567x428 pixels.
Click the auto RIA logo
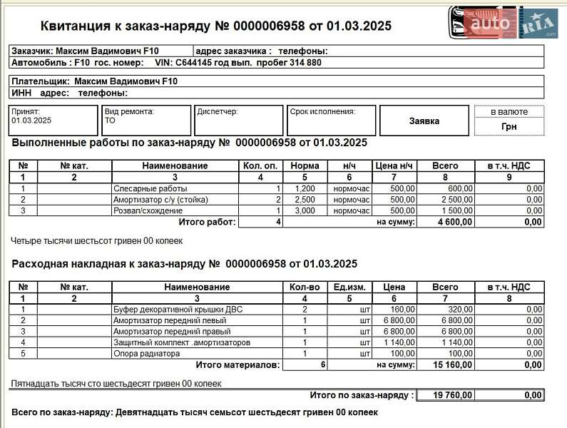[503, 23]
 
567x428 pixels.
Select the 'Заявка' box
[424, 121]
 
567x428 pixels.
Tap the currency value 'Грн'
[509, 127]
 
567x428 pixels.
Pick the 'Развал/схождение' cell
[148, 211]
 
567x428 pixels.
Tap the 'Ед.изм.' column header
[349, 287]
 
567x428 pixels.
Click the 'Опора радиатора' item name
[147, 354]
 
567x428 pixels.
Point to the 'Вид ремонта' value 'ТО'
[111, 121]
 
